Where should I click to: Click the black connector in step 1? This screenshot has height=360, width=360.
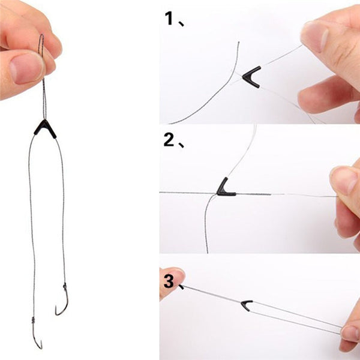coord(251,77)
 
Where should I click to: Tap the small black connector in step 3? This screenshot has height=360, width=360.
coord(247,305)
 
